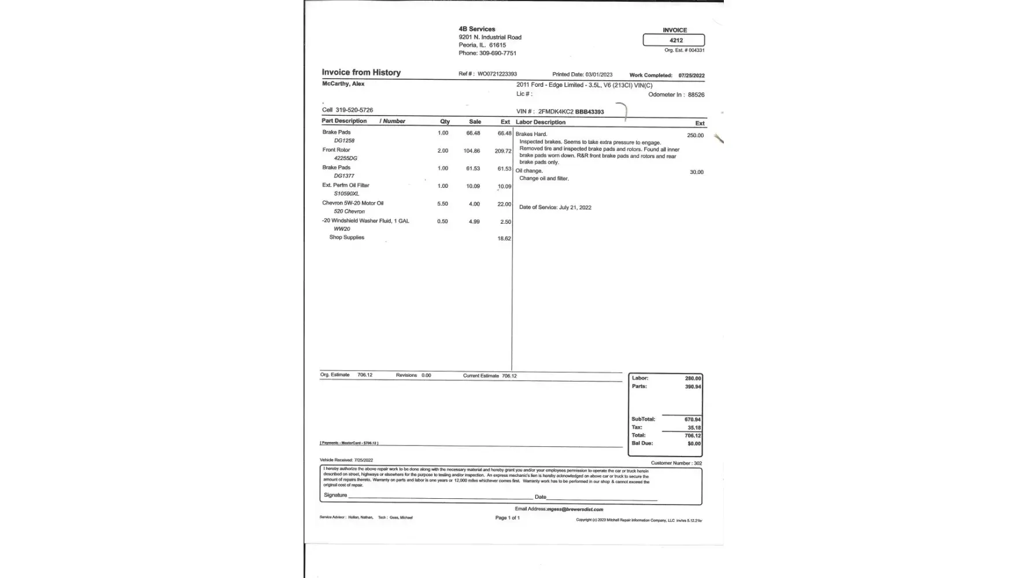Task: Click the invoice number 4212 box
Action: point(674,40)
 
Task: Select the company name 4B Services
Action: point(477,29)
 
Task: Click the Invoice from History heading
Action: point(361,72)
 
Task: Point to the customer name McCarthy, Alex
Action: point(343,84)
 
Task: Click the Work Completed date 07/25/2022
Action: point(692,76)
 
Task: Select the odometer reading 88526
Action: point(696,95)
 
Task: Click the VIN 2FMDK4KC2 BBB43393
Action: point(571,112)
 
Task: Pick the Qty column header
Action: point(445,121)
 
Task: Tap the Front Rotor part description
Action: point(336,150)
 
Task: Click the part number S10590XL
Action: point(346,194)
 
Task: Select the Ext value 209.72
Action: point(503,151)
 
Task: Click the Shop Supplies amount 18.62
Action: point(504,239)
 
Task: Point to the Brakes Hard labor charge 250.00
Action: point(695,136)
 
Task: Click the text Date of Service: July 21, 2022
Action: point(555,208)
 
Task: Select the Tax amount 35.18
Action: point(694,428)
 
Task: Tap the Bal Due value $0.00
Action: point(694,444)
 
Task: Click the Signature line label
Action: point(335,495)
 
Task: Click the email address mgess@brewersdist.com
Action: point(575,509)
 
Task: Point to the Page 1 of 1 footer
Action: point(507,518)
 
